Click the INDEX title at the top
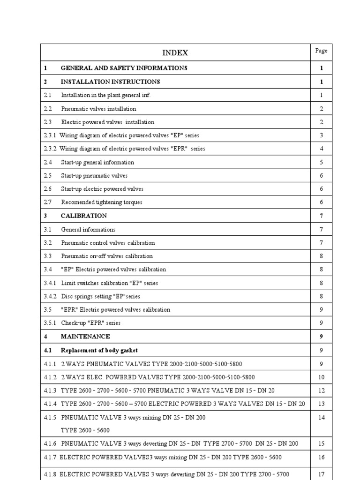click(x=176, y=53)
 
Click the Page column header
click(x=321, y=51)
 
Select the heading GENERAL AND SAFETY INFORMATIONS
click(x=124, y=68)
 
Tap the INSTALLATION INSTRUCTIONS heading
click(x=110, y=82)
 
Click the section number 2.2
click(x=48, y=109)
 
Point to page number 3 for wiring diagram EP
click(x=322, y=135)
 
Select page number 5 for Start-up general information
click(x=322, y=162)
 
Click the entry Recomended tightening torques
click(x=101, y=202)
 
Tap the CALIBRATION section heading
click(x=83, y=216)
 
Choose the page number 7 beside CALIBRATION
click(x=322, y=216)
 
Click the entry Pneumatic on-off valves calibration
click(x=106, y=256)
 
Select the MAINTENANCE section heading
click(x=85, y=337)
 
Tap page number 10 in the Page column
click(x=322, y=377)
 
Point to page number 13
click(x=322, y=404)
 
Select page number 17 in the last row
click(x=322, y=474)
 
